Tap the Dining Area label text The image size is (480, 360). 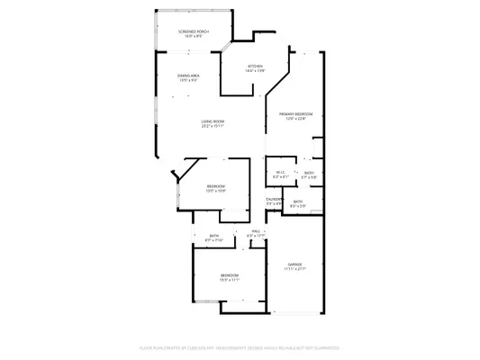187,76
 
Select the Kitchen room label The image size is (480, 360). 255,67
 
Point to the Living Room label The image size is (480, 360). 213,121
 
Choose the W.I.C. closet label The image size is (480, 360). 280,173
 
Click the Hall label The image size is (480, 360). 256,231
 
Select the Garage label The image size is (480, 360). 295,264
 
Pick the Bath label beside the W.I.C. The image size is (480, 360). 308,173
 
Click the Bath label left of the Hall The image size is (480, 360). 214,236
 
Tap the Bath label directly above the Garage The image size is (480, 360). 297,202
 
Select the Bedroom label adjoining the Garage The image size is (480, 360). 230,275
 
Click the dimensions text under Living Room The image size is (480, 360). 213,126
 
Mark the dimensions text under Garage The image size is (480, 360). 295,268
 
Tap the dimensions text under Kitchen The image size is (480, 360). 255,71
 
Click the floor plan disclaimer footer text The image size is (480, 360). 240,346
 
